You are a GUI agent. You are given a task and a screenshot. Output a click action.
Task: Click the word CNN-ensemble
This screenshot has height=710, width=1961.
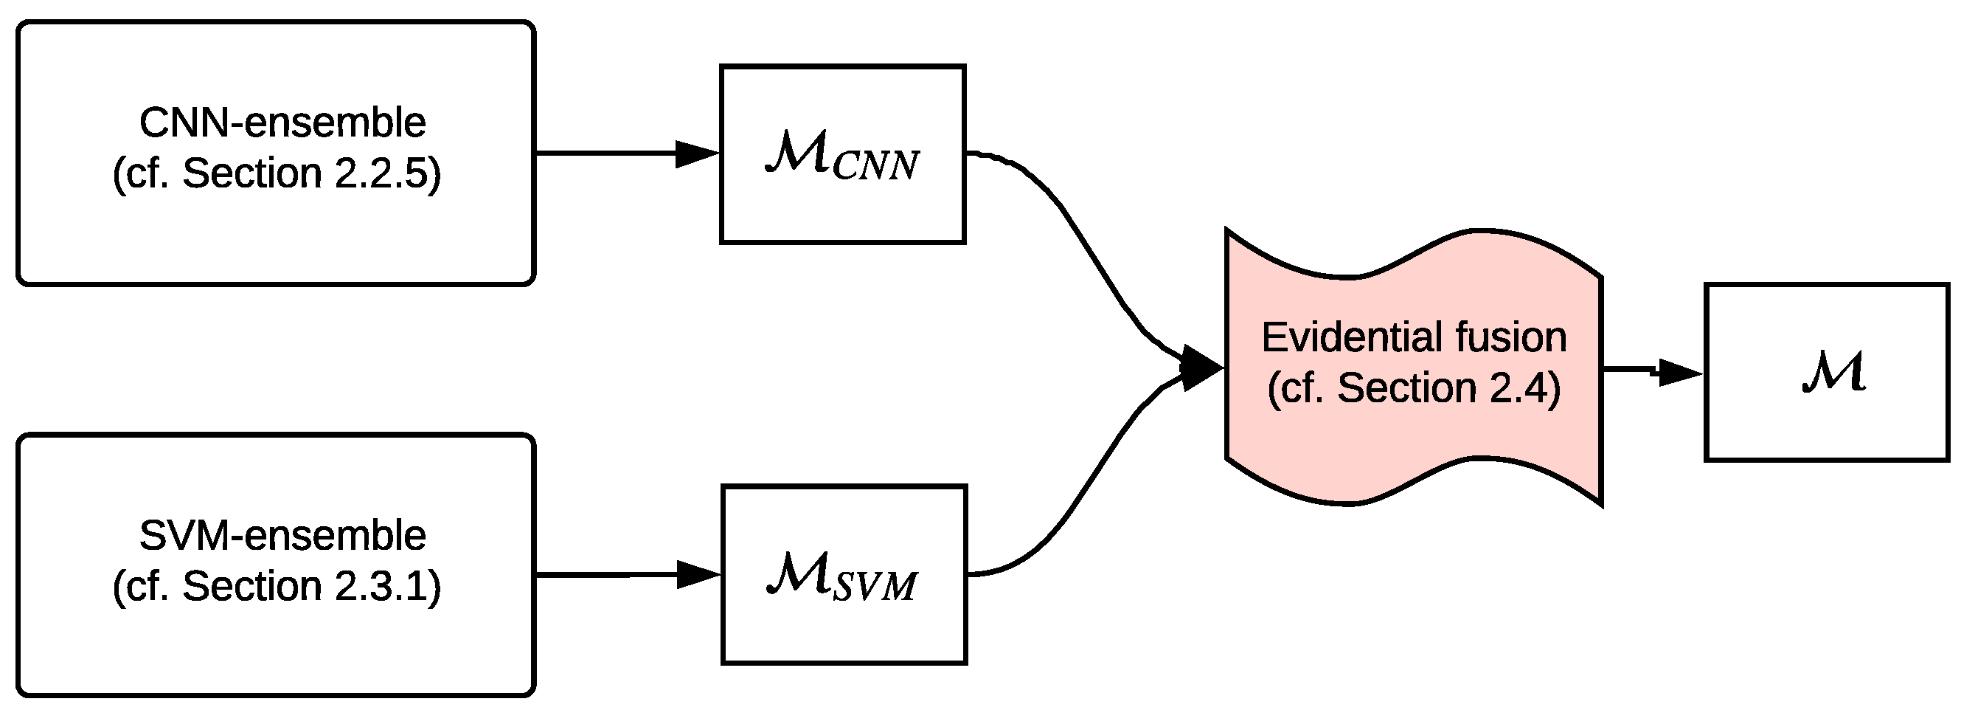[282, 123]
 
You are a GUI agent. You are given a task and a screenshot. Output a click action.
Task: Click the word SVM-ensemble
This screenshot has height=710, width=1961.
[282, 536]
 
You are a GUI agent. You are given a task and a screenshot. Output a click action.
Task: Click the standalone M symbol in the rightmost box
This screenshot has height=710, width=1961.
[1834, 373]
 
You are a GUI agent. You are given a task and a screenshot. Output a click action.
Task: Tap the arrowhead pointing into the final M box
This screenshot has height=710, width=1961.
[1679, 373]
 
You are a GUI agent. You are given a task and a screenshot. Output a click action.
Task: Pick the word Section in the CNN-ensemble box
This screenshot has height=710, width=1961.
[252, 173]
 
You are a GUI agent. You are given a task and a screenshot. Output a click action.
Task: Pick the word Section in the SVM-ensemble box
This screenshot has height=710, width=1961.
[252, 587]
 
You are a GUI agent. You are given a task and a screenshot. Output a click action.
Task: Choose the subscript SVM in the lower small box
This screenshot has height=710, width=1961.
[875, 587]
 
